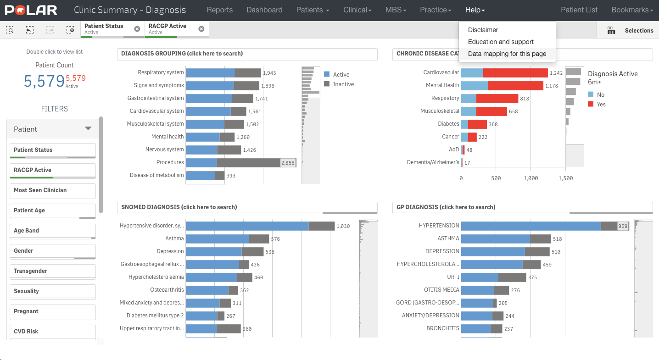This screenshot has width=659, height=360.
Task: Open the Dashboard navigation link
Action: click(x=264, y=10)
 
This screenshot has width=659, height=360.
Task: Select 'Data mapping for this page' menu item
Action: click(x=507, y=54)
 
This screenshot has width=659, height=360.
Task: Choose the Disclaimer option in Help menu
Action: click(x=483, y=30)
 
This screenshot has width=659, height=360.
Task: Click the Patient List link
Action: click(x=579, y=10)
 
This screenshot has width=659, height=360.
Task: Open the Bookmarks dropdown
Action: click(x=632, y=10)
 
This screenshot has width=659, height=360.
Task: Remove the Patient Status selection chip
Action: click(x=137, y=29)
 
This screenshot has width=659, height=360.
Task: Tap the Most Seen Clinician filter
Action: click(x=52, y=190)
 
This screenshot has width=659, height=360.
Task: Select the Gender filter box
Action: click(x=52, y=251)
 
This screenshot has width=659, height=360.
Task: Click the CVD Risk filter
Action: click(x=52, y=332)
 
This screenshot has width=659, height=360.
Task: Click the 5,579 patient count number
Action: click(x=44, y=81)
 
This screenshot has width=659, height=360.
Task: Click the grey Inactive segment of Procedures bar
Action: click(x=248, y=163)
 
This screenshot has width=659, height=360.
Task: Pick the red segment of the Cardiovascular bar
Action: click(x=515, y=73)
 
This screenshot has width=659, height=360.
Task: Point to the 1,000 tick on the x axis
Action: click(x=531, y=178)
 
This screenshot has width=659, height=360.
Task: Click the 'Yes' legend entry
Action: click(x=601, y=105)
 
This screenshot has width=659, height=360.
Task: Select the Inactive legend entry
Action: click(x=343, y=84)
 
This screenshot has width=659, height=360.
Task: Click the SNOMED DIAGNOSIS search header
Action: click(x=179, y=207)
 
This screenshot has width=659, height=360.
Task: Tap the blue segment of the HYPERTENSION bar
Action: click(x=530, y=226)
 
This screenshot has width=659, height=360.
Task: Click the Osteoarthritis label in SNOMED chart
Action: click(x=167, y=290)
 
